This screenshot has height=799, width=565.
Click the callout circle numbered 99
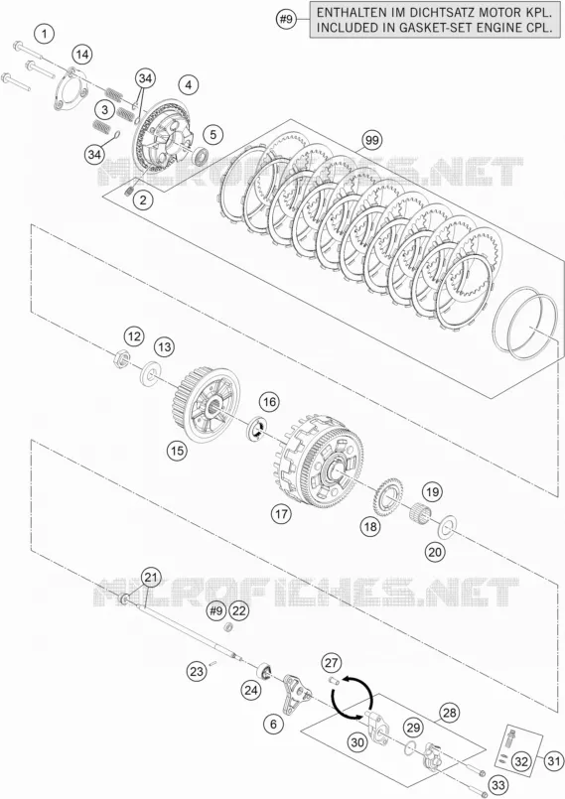[x=372, y=140]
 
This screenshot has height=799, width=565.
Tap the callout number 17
[x=281, y=514]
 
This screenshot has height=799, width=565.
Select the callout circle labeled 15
[x=177, y=451]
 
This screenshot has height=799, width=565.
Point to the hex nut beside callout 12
[x=121, y=357]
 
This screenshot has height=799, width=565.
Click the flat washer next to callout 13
[x=150, y=371]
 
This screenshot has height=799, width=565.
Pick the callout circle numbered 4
[x=189, y=84]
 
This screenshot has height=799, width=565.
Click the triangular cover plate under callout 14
[x=71, y=89]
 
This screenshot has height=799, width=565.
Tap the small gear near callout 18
[x=387, y=494]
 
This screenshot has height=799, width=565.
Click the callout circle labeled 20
[x=435, y=551]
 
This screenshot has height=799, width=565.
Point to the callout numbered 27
[x=332, y=663]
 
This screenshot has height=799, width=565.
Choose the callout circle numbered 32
[x=521, y=761]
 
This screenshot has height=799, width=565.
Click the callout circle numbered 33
[x=497, y=785]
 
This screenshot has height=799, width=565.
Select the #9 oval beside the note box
[x=287, y=20]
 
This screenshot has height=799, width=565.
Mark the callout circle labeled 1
[x=45, y=35]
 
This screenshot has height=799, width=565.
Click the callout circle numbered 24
[x=251, y=691]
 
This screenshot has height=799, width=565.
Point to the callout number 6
[x=274, y=725]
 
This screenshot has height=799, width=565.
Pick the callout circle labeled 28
[x=449, y=713]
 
